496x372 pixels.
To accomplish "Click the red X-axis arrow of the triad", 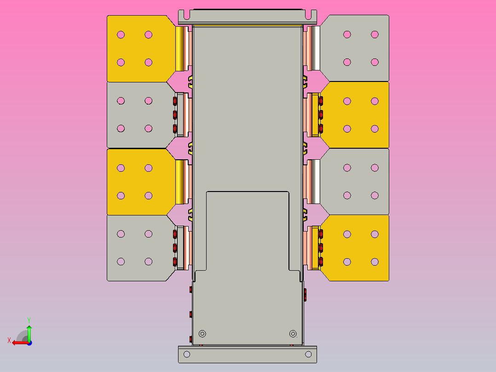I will pos(18,342).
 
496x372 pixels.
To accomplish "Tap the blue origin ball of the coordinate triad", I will pos(29,342).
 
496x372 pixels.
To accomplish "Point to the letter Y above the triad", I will pos(29,320).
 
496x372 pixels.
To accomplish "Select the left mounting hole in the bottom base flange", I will pos(186,354).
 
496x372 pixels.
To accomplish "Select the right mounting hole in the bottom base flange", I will pos(308,354).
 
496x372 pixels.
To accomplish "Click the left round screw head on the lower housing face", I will pos(202,333).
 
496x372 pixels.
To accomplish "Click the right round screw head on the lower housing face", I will pos(293,333).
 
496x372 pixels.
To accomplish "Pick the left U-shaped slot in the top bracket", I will pos(183,15).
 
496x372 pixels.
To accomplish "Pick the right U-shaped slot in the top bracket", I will pos(312,15).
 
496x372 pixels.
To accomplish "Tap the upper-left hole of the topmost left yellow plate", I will pos(121,35).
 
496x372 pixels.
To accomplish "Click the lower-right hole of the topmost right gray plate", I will pos(375,62).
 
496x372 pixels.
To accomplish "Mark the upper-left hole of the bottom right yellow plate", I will pos(347,234).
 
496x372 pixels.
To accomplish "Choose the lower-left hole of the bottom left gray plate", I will pos(121,262).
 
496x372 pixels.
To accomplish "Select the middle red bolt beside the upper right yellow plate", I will pos(320,114).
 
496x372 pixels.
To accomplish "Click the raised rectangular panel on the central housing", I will pos(248,230).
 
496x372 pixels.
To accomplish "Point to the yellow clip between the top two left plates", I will pos(190,82).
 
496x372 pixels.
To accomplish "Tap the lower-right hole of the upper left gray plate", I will pos(148,128).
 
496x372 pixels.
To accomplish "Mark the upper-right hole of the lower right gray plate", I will pos(375,168).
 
